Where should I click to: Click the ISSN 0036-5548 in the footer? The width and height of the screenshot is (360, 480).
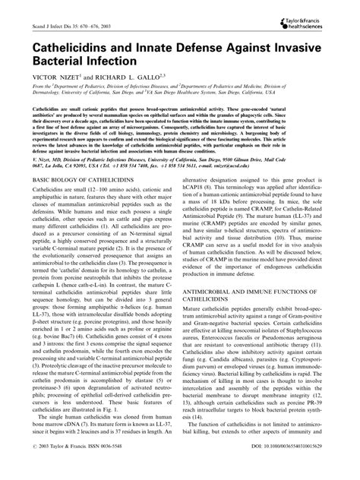134,469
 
